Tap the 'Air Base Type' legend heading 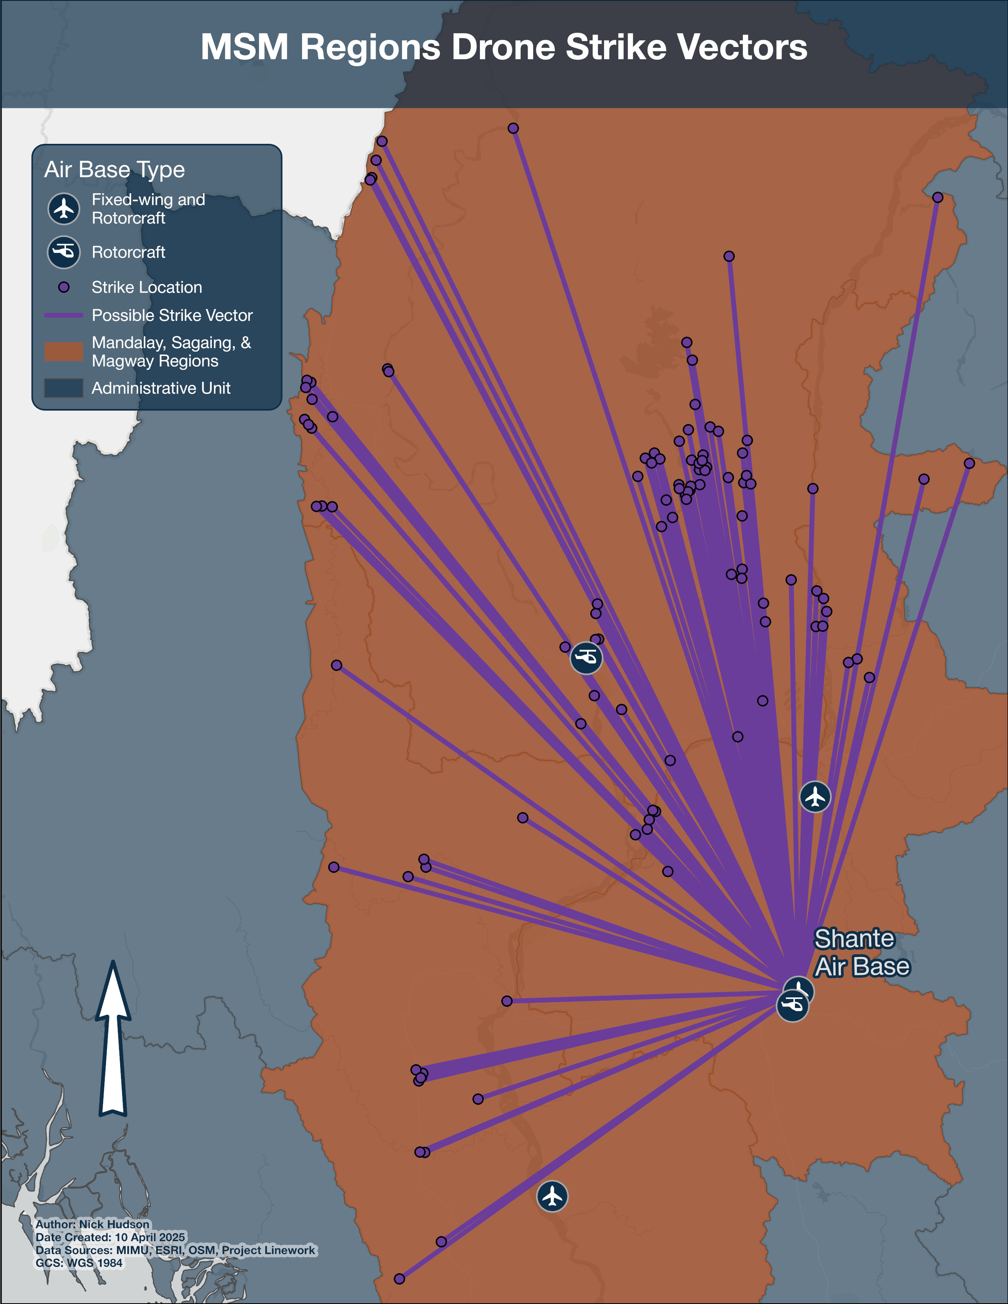(115, 170)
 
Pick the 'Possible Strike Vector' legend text (172, 315)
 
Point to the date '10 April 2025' (150, 1237)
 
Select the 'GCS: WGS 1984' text (79, 1263)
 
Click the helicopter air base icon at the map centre (586, 658)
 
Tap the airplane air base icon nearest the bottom (552, 1197)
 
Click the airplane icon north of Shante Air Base (815, 797)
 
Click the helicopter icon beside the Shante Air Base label (792, 1006)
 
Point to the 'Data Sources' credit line (175, 1250)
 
